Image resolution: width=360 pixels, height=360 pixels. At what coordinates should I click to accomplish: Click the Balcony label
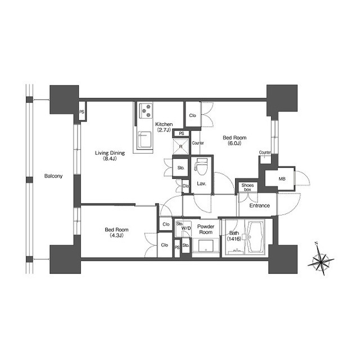(53, 176)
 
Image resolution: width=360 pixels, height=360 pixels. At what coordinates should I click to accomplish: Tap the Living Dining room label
(110, 155)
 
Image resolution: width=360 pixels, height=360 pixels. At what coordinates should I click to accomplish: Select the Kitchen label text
(164, 127)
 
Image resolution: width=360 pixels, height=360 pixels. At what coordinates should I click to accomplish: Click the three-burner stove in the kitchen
(146, 110)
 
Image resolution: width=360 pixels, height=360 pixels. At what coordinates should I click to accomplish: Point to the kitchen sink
(145, 140)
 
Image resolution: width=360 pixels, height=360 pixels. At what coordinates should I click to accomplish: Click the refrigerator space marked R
(181, 146)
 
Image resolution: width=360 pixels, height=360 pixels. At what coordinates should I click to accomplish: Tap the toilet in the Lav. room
(201, 166)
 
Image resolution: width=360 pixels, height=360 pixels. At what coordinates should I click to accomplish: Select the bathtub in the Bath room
(255, 236)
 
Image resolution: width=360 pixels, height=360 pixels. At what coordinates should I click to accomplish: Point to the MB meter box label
(282, 179)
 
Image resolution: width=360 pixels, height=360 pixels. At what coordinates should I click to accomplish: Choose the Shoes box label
(247, 187)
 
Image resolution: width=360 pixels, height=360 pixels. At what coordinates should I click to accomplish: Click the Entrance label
(259, 205)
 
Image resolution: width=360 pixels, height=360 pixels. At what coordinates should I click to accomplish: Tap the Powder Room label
(206, 229)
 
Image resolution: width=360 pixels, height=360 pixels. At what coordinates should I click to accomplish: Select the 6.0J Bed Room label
(235, 141)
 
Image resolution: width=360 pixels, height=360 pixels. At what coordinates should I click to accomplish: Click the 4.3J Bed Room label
(116, 232)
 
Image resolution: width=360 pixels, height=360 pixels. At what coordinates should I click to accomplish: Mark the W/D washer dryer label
(186, 228)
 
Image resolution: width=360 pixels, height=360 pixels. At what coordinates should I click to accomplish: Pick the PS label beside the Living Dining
(82, 112)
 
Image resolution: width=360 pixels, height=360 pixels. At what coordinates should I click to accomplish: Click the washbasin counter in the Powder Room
(206, 246)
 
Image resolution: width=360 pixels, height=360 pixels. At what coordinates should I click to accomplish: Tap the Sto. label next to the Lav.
(181, 168)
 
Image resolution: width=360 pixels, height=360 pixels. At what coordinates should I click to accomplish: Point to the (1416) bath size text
(234, 239)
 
